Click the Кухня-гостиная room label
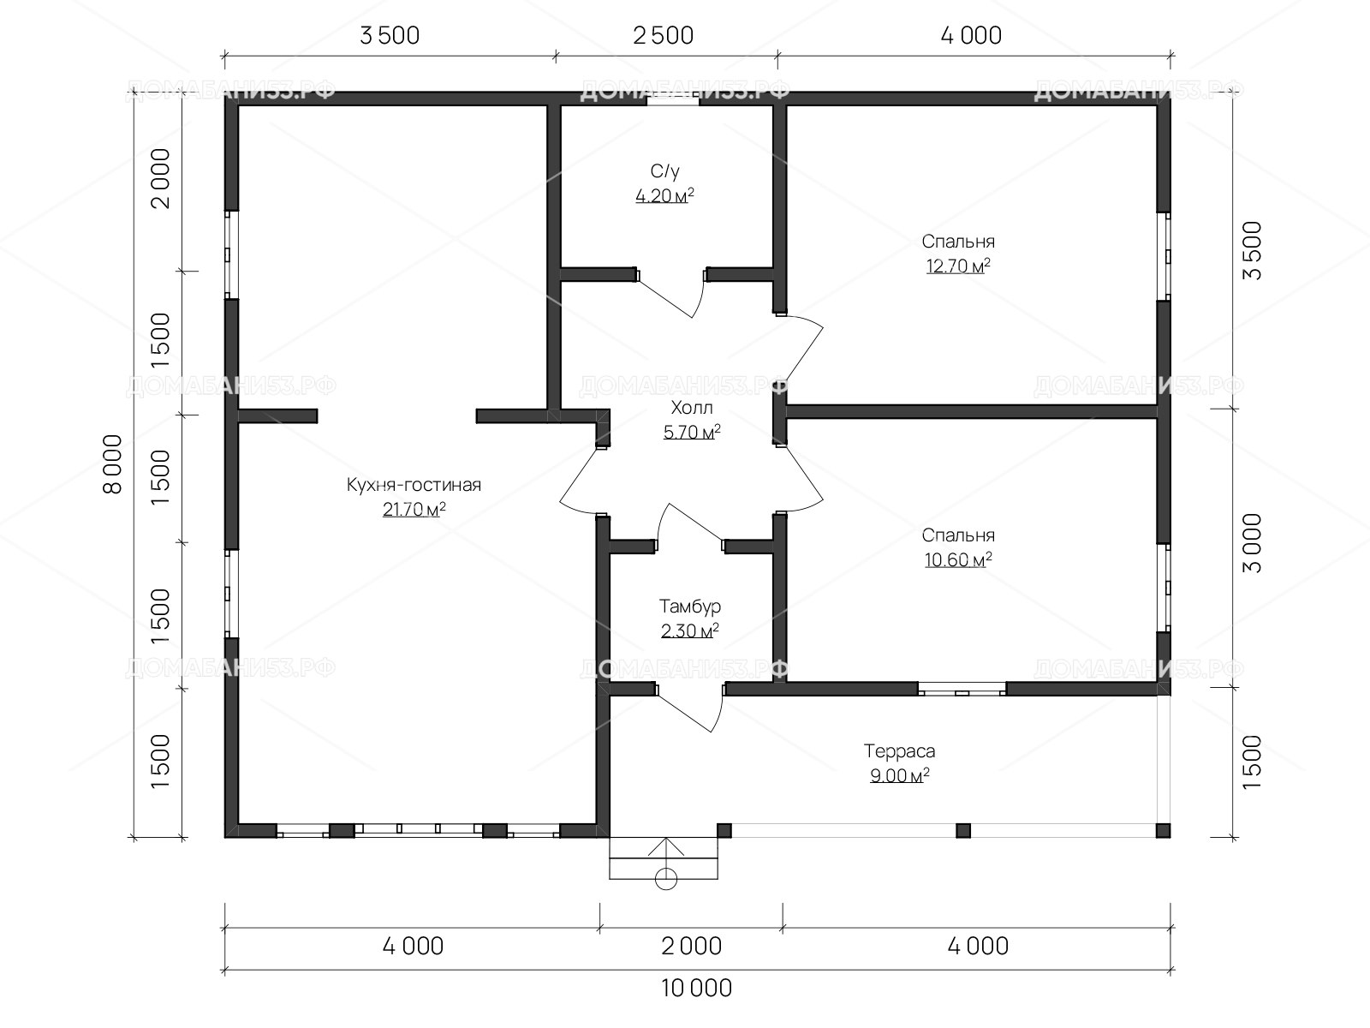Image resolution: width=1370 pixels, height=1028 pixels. click(x=414, y=486)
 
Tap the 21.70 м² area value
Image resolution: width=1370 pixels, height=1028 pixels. click(x=414, y=510)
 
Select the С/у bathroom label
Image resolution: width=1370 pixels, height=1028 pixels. click(x=664, y=171)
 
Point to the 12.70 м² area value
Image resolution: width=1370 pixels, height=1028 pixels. click(x=958, y=266)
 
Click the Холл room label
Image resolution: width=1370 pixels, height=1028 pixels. click(x=692, y=409)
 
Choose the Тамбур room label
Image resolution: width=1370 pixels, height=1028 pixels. click(x=689, y=606)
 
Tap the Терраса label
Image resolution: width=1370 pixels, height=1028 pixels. click(x=899, y=751)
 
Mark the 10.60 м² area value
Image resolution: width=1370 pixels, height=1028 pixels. click(x=958, y=560)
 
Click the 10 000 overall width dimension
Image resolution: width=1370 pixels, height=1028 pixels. click(x=696, y=988)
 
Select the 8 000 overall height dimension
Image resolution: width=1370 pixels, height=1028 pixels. click(x=113, y=463)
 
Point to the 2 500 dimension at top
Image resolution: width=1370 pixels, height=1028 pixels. click(x=663, y=36)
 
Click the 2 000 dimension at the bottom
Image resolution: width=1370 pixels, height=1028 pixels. click(x=692, y=947)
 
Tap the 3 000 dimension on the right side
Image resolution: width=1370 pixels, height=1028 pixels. click(x=1252, y=543)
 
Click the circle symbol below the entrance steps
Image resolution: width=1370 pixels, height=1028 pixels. click(x=666, y=880)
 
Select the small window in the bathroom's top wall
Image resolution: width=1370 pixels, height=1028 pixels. click(x=672, y=99)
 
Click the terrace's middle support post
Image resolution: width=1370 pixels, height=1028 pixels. click(x=963, y=830)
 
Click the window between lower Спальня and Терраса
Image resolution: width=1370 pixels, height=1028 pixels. click(x=962, y=689)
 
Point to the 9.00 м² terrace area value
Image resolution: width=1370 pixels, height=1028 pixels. click(x=899, y=776)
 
